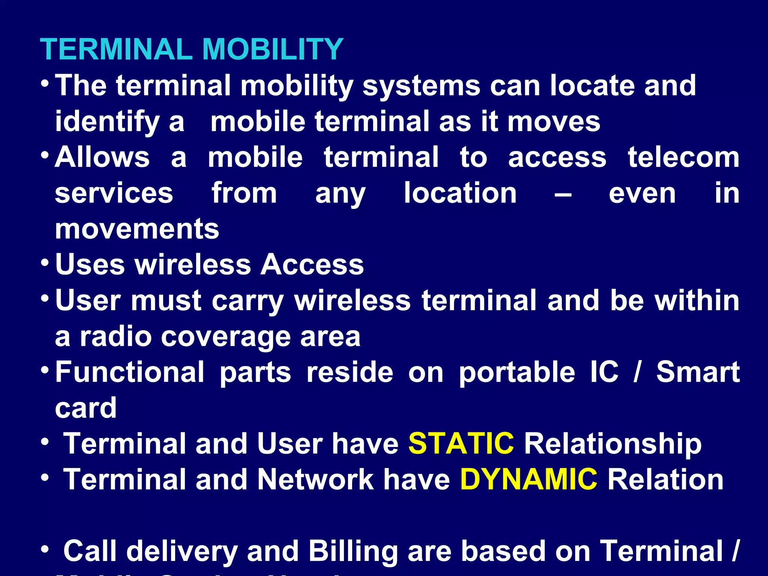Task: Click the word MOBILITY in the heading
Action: (x=272, y=49)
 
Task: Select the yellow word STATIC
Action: (x=461, y=444)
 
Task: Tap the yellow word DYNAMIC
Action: (x=528, y=480)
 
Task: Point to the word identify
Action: (x=107, y=122)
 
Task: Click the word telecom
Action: (x=683, y=157)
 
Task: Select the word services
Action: (x=114, y=193)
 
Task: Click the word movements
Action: (x=137, y=229)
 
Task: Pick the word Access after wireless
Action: (x=312, y=265)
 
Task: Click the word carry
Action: (x=247, y=301)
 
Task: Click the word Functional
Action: (x=130, y=372)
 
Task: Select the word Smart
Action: (x=698, y=372)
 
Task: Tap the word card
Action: (x=86, y=408)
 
